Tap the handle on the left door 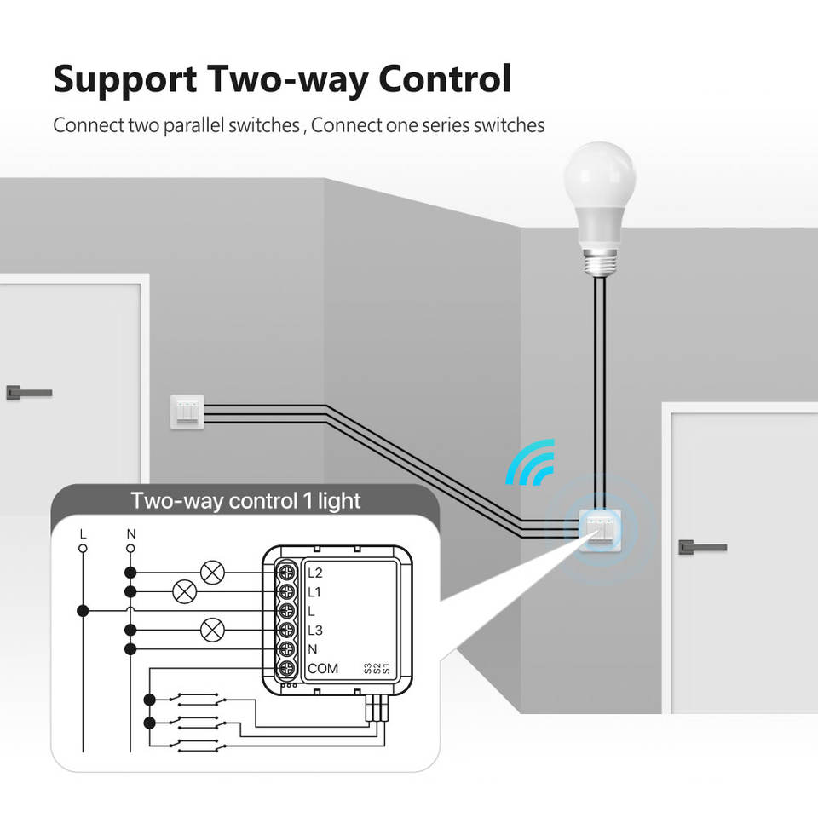[x=28, y=392]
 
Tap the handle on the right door [x=701, y=546]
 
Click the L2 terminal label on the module [x=315, y=572]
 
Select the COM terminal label [x=323, y=669]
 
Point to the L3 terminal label [x=315, y=631]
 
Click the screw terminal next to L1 [x=288, y=591]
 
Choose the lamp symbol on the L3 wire [x=212, y=631]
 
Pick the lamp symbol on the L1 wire [x=184, y=591]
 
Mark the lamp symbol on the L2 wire [x=212, y=572]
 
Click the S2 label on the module [x=377, y=669]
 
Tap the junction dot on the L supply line [x=83, y=611]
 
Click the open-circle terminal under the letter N [x=130, y=549]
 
